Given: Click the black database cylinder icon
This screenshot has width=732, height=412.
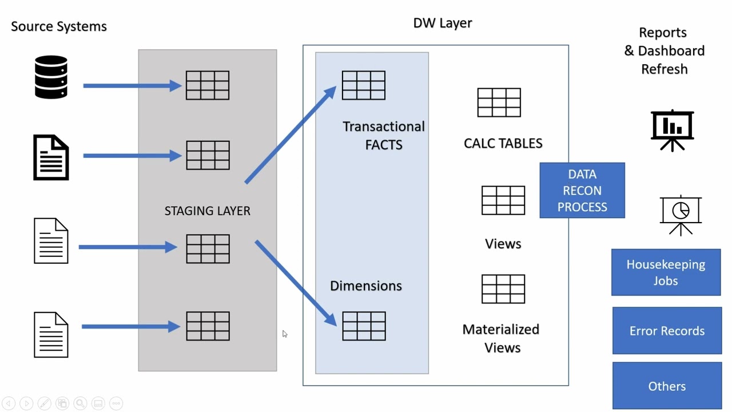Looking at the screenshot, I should point(51,77).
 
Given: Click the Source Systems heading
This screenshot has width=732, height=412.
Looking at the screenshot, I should point(59,26).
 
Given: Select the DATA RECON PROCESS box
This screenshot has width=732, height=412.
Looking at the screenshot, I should point(582,191).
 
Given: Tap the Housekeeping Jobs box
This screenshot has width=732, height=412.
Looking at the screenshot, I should point(666,272).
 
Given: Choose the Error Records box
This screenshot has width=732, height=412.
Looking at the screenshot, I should point(667,331).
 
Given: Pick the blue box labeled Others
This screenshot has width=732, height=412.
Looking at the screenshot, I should point(667,386).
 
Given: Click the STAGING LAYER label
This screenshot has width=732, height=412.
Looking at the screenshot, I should point(208,211).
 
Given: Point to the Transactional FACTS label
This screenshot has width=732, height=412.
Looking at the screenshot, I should point(384,136).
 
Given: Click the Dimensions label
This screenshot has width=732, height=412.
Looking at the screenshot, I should point(366,286).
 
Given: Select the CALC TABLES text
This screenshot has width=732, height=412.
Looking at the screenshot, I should point(503,143).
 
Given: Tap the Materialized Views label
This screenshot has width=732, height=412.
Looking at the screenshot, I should point(501,338).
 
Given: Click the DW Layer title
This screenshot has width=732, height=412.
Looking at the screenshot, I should point(443,23).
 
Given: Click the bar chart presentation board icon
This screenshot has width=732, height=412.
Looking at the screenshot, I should point(673,130).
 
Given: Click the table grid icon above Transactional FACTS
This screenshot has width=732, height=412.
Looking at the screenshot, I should point(364,85).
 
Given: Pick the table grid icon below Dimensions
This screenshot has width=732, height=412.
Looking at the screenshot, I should point(364,326).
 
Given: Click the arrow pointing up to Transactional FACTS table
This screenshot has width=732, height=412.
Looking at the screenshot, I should point(291,135).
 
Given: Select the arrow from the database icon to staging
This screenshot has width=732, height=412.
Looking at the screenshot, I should point(132,86).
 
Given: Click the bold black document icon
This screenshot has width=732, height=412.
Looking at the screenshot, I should point(51,157).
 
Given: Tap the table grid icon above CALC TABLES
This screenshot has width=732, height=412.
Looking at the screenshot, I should point(499,102).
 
